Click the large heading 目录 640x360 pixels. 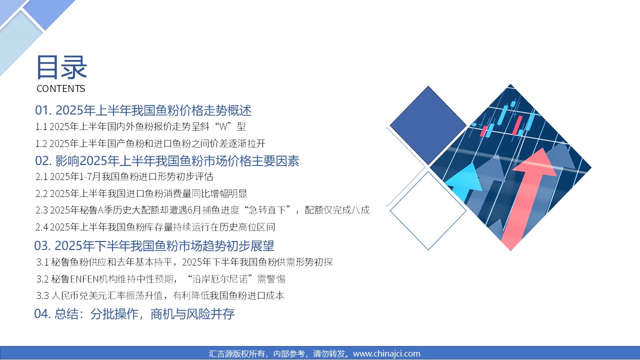point(61,67)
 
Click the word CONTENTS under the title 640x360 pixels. point(61,88)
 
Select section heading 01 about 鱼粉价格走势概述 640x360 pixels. point(143,110)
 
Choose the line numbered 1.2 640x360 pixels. point(150,143)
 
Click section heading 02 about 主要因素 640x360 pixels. point(167,161)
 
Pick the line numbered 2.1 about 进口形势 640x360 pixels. point(124,176)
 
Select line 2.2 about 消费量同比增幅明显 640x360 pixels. point(141,193)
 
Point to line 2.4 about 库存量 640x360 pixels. point(155,227)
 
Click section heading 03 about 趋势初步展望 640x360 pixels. point(154,245)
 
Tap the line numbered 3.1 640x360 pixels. point(184,262)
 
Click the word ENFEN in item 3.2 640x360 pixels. point(84,279)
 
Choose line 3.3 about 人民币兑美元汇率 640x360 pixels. point(160,295)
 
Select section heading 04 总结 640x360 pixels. point(134,313)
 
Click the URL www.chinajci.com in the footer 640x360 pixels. point(387,353)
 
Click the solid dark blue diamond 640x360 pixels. point(428,125)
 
